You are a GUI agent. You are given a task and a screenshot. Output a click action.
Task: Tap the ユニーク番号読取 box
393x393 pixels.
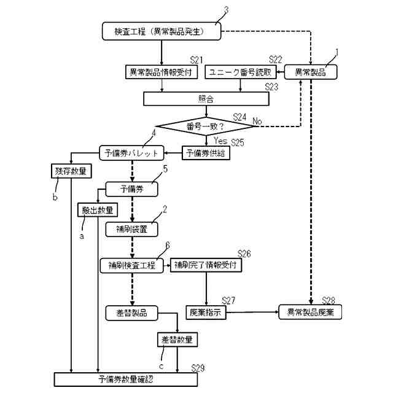(241, 72)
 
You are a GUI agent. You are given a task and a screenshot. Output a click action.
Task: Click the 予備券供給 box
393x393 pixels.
(206, 153)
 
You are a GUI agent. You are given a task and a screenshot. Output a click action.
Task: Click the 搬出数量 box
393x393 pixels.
(97, 210)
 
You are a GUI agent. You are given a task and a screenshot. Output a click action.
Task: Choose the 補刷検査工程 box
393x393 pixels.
(131, 266)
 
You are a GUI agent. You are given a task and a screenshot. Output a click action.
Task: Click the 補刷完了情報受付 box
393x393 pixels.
(206, 266)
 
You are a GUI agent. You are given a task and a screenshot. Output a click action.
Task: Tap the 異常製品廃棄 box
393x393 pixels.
(310, 312)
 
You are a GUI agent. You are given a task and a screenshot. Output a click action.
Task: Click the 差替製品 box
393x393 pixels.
(131, 312)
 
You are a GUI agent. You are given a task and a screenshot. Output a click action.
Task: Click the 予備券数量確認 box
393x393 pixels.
(125, 379)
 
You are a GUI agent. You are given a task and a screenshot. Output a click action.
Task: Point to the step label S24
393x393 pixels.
(240, 115)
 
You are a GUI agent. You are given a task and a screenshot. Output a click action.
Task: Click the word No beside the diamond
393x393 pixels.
(258, 122)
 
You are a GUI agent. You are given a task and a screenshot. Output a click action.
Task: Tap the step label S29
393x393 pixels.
(198, 368)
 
